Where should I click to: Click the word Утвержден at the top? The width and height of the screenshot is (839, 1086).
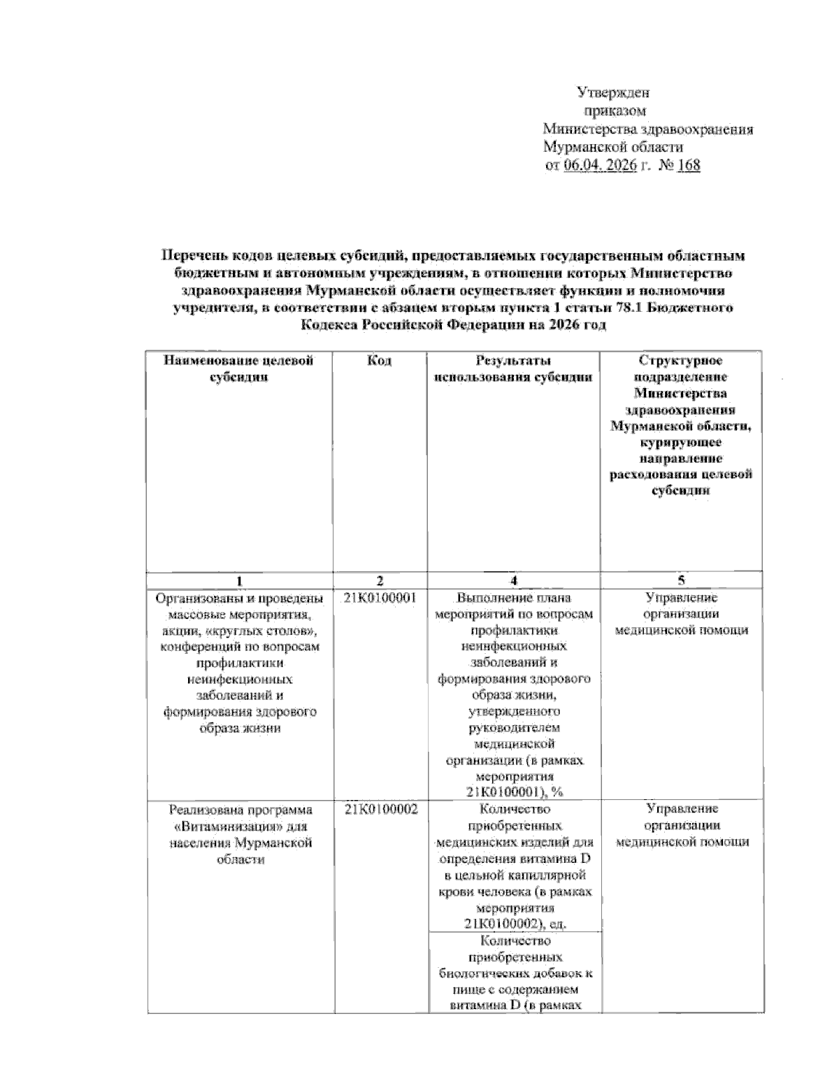[x=613, y=92]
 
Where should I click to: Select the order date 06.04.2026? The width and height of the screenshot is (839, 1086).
[x=599, y=166]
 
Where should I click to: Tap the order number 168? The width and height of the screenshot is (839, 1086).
[x=688, y=166]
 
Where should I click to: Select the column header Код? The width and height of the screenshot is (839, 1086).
[x=379, y=361]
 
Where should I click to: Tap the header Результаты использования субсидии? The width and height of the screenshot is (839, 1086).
[x=513, y=369]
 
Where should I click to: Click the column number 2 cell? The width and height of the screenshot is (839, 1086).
[x=379, y=580]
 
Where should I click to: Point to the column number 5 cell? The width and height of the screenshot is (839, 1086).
[x=681, y=580]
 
